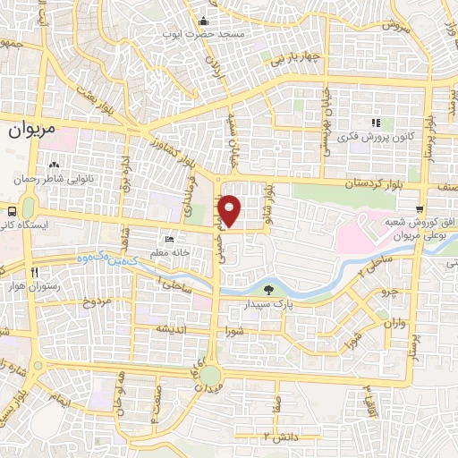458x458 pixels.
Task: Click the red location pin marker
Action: (x=230, y=210)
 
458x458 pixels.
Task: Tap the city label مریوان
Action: (x=32, y=130)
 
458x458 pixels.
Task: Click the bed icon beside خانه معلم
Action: (x=170, y=240)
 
